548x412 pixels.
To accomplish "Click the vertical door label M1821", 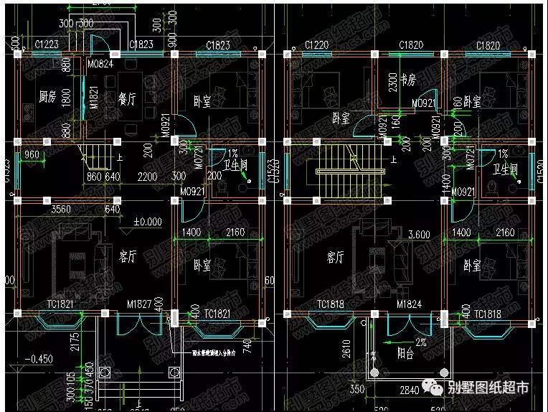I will tap(93, 98).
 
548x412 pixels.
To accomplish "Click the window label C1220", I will tap(316, 45).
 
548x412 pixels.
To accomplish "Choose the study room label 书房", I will tap(408, 78).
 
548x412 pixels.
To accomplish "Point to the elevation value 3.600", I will tap(418, 235).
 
